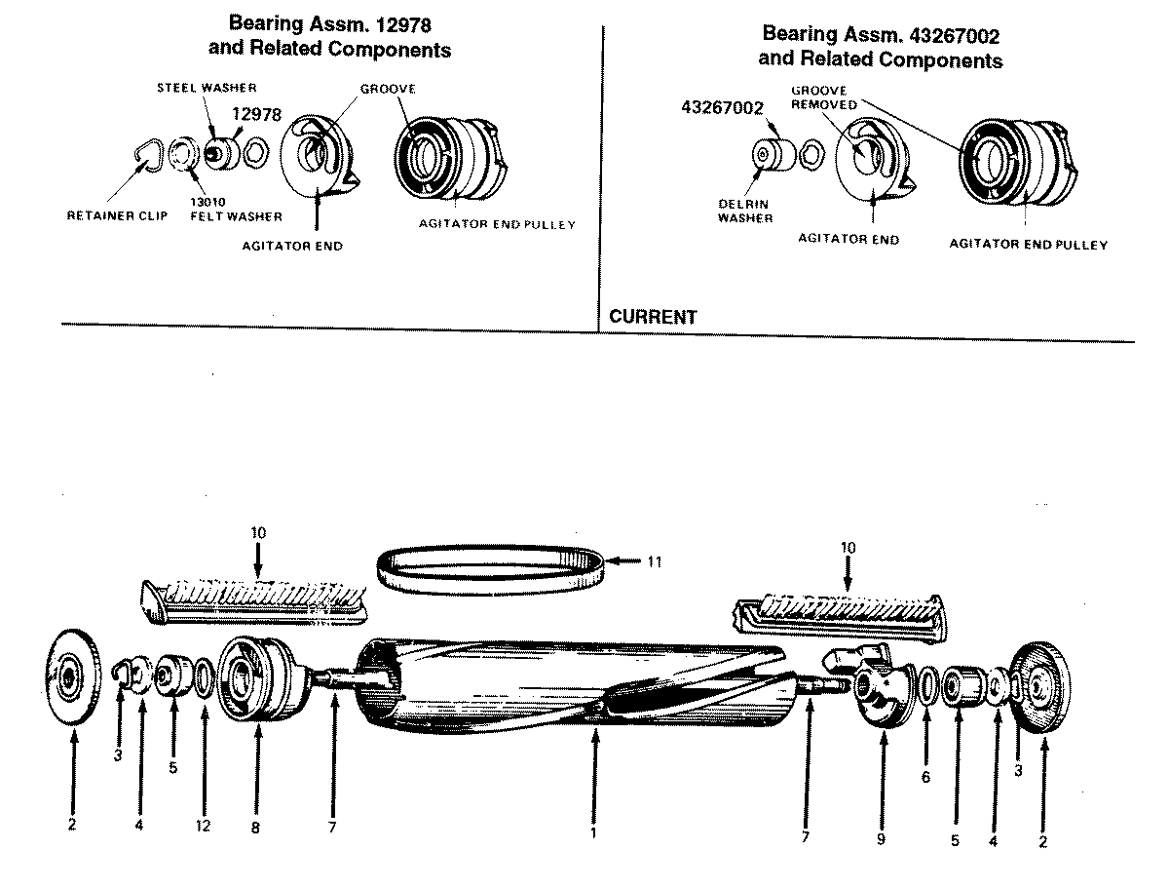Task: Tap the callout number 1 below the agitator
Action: (x=593, y=833)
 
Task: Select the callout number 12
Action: (x=205, y=826)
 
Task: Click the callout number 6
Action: (x=925, y=777)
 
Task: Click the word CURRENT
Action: (x=653, y=317)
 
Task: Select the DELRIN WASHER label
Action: (x=746, y=211)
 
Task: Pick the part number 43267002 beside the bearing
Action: (x=722, y=108)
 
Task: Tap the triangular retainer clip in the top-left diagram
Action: (x=147, y=154)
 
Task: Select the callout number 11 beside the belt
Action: (x=655, y=561)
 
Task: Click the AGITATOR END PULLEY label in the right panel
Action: (x=1029, y=245)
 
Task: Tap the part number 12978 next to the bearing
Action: (x=257, y=114)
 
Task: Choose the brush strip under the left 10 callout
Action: (x=256, y=596)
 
